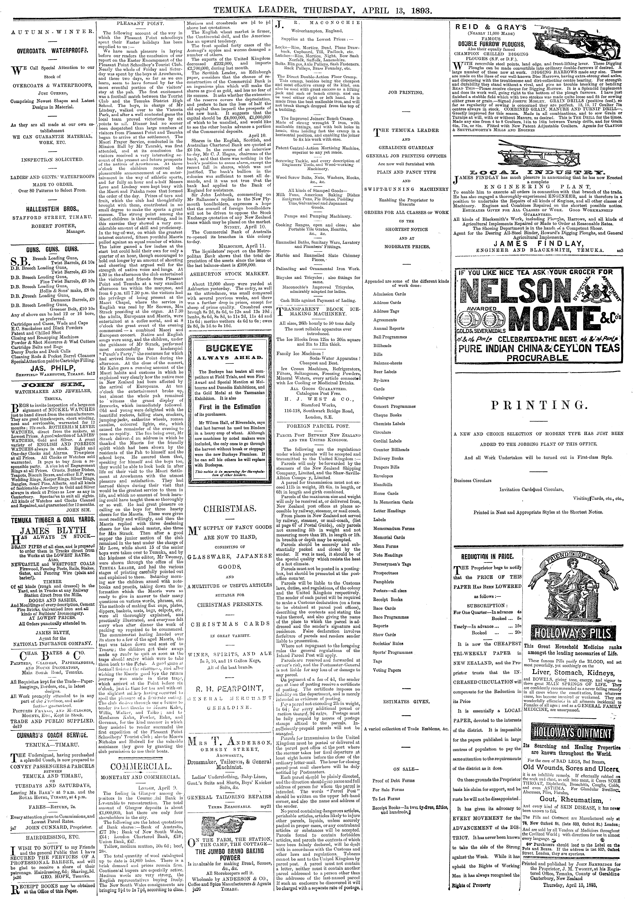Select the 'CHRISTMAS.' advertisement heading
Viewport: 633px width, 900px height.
click(x=230, y=509)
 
